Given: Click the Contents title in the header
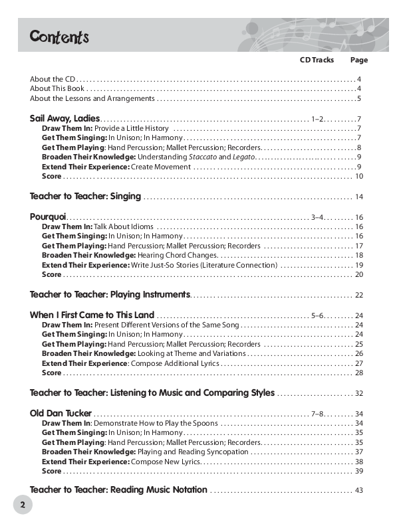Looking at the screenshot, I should (x=59, y=37).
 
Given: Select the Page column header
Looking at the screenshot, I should (x=358, y=60).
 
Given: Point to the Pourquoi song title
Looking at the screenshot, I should (x=48, y=217).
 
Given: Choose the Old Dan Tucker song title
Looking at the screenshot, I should (x=61, y=412).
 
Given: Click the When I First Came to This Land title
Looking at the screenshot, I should (x=92, y=314).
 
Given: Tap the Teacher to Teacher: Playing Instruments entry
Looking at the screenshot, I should (x=110, y=294).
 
